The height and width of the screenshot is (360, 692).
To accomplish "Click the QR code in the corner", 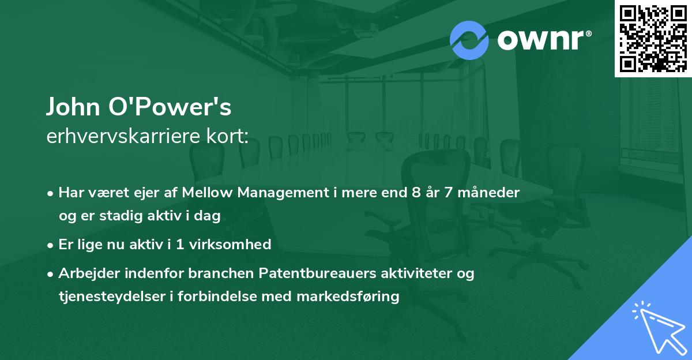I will coord(653,39).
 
